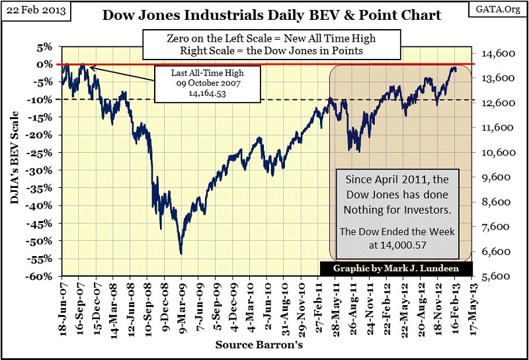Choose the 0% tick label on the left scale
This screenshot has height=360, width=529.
[x=45, y=64]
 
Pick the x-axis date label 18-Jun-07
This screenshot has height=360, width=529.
[x=63, y=304]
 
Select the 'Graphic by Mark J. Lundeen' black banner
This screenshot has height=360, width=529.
[x=397, y=269]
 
